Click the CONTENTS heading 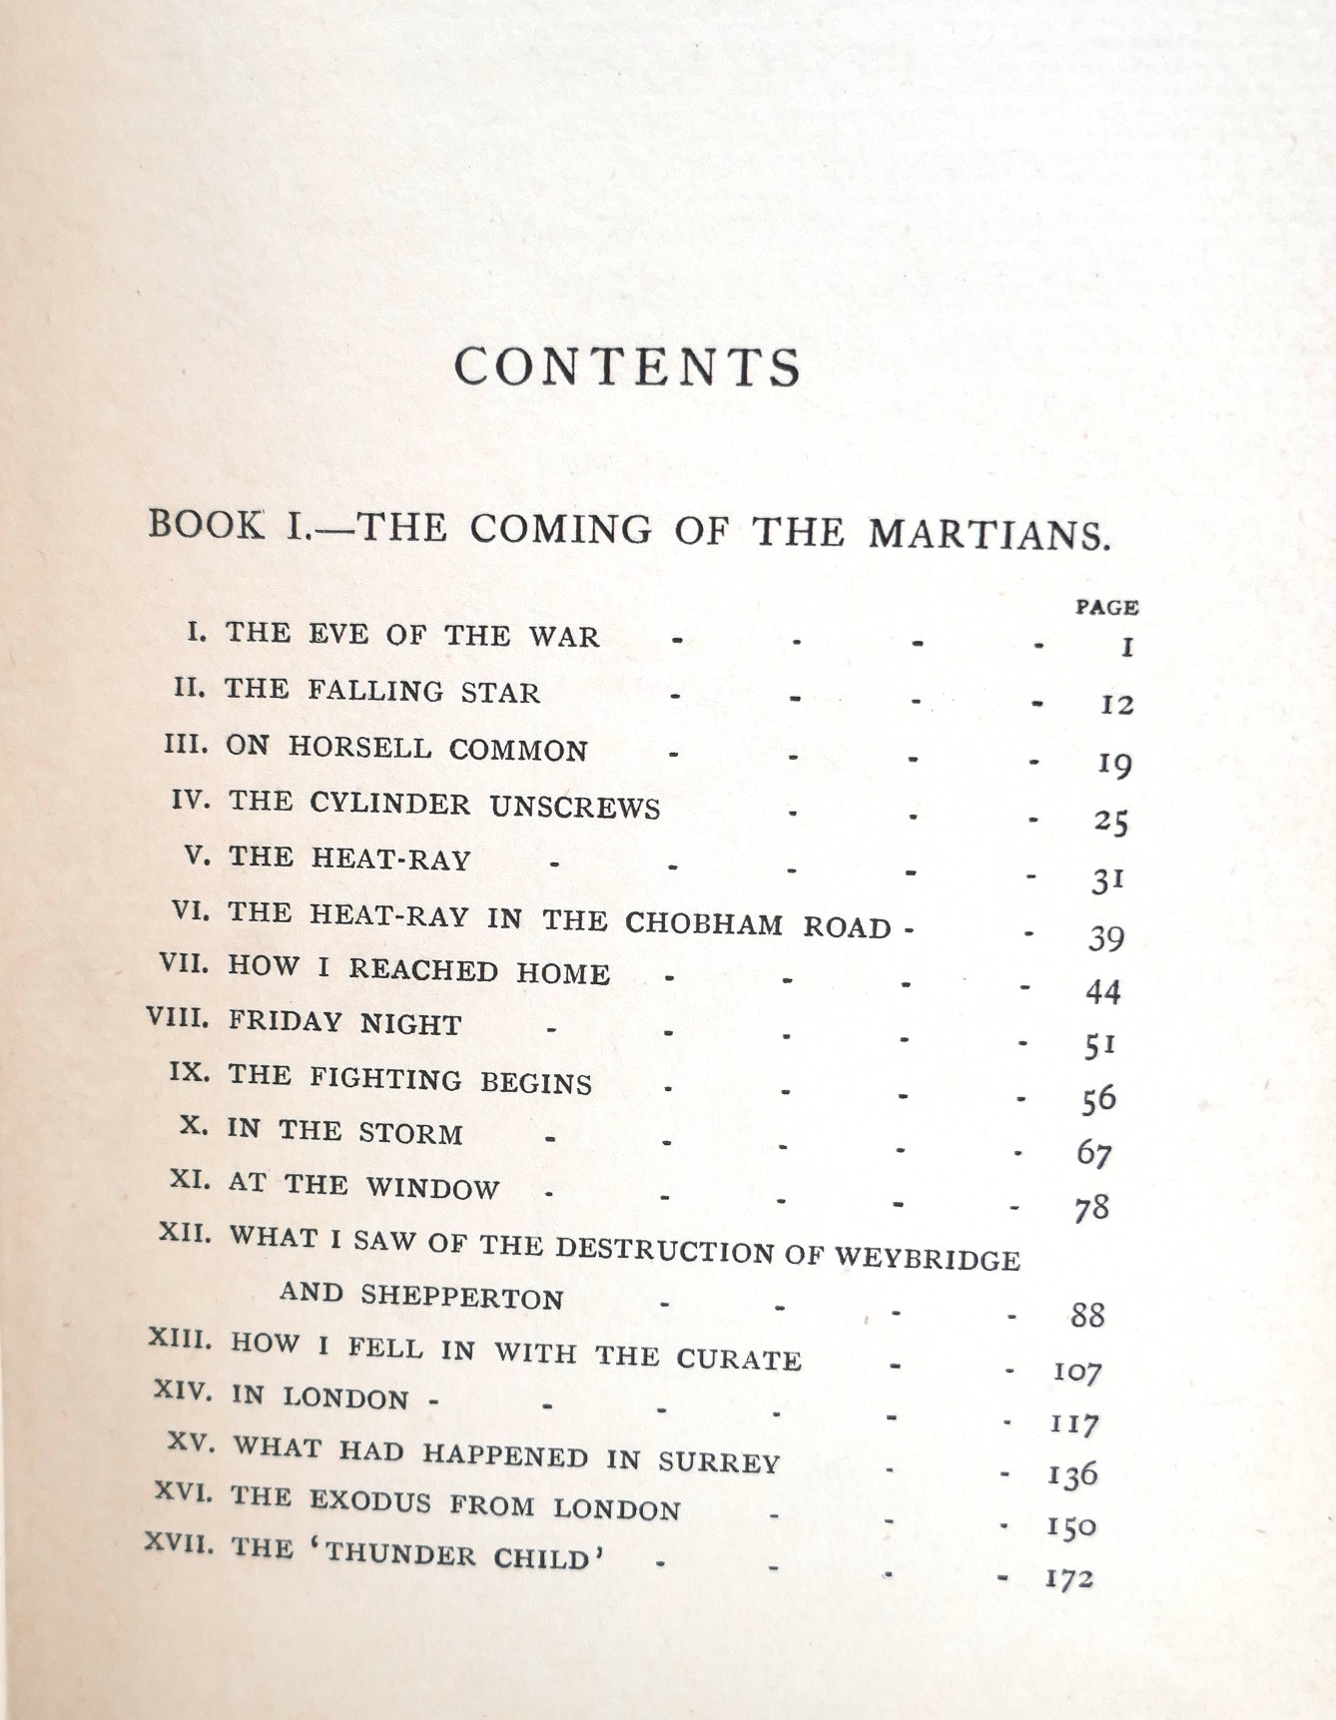point(627,367)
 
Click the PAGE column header point(1106,606)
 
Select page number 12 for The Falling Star point(1116,705)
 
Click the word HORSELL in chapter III point(360,748)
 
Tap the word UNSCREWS point(574,807)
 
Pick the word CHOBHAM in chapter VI point(704,922)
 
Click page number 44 point(1102,991)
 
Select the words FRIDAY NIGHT point(344,1023)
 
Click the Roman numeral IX point(188,1074)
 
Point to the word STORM point(410,1133)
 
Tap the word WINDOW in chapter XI point(431,1187)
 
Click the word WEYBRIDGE point(928,1258)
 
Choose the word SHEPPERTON point(461,1296)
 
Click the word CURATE point(739,1359)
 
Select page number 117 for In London point(1073,1424)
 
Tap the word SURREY point(718,1462)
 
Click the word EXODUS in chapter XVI point(369,1500)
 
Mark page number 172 point(1068,1578)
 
